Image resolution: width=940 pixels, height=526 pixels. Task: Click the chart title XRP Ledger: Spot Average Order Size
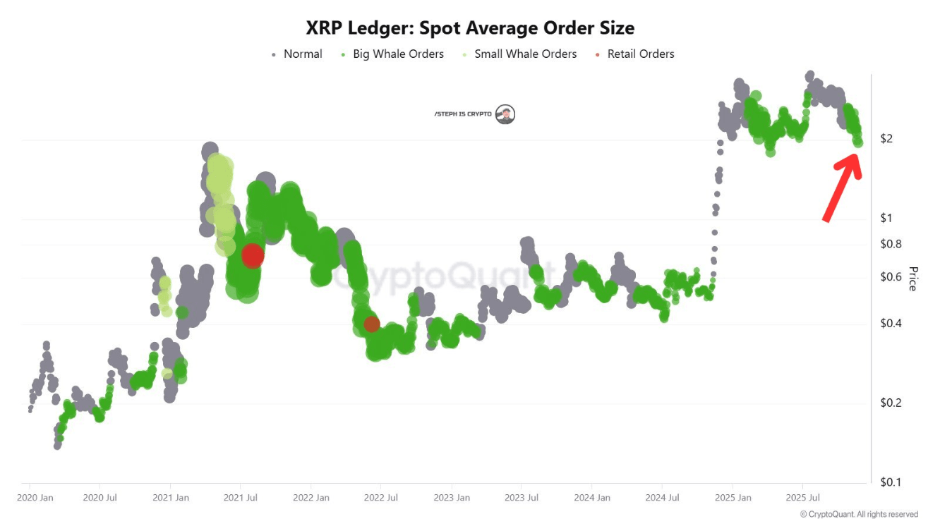469,28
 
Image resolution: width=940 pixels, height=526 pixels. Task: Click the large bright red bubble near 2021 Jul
252,255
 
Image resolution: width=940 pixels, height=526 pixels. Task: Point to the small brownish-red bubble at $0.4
371,324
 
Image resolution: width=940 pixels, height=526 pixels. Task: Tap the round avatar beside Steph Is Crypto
505,114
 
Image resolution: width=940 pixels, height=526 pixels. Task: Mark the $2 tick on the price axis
886,138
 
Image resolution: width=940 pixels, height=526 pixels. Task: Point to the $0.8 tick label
891,244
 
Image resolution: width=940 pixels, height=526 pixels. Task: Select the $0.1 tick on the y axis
891,482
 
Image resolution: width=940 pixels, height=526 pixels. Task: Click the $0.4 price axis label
891,324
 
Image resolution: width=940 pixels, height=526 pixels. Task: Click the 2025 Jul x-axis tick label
803,498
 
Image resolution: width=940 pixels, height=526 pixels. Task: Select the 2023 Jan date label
452,498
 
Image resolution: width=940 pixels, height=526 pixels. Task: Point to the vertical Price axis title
912,279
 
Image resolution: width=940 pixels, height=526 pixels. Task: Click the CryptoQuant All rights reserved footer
859,515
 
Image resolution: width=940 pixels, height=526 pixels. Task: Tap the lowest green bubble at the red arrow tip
857,142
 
